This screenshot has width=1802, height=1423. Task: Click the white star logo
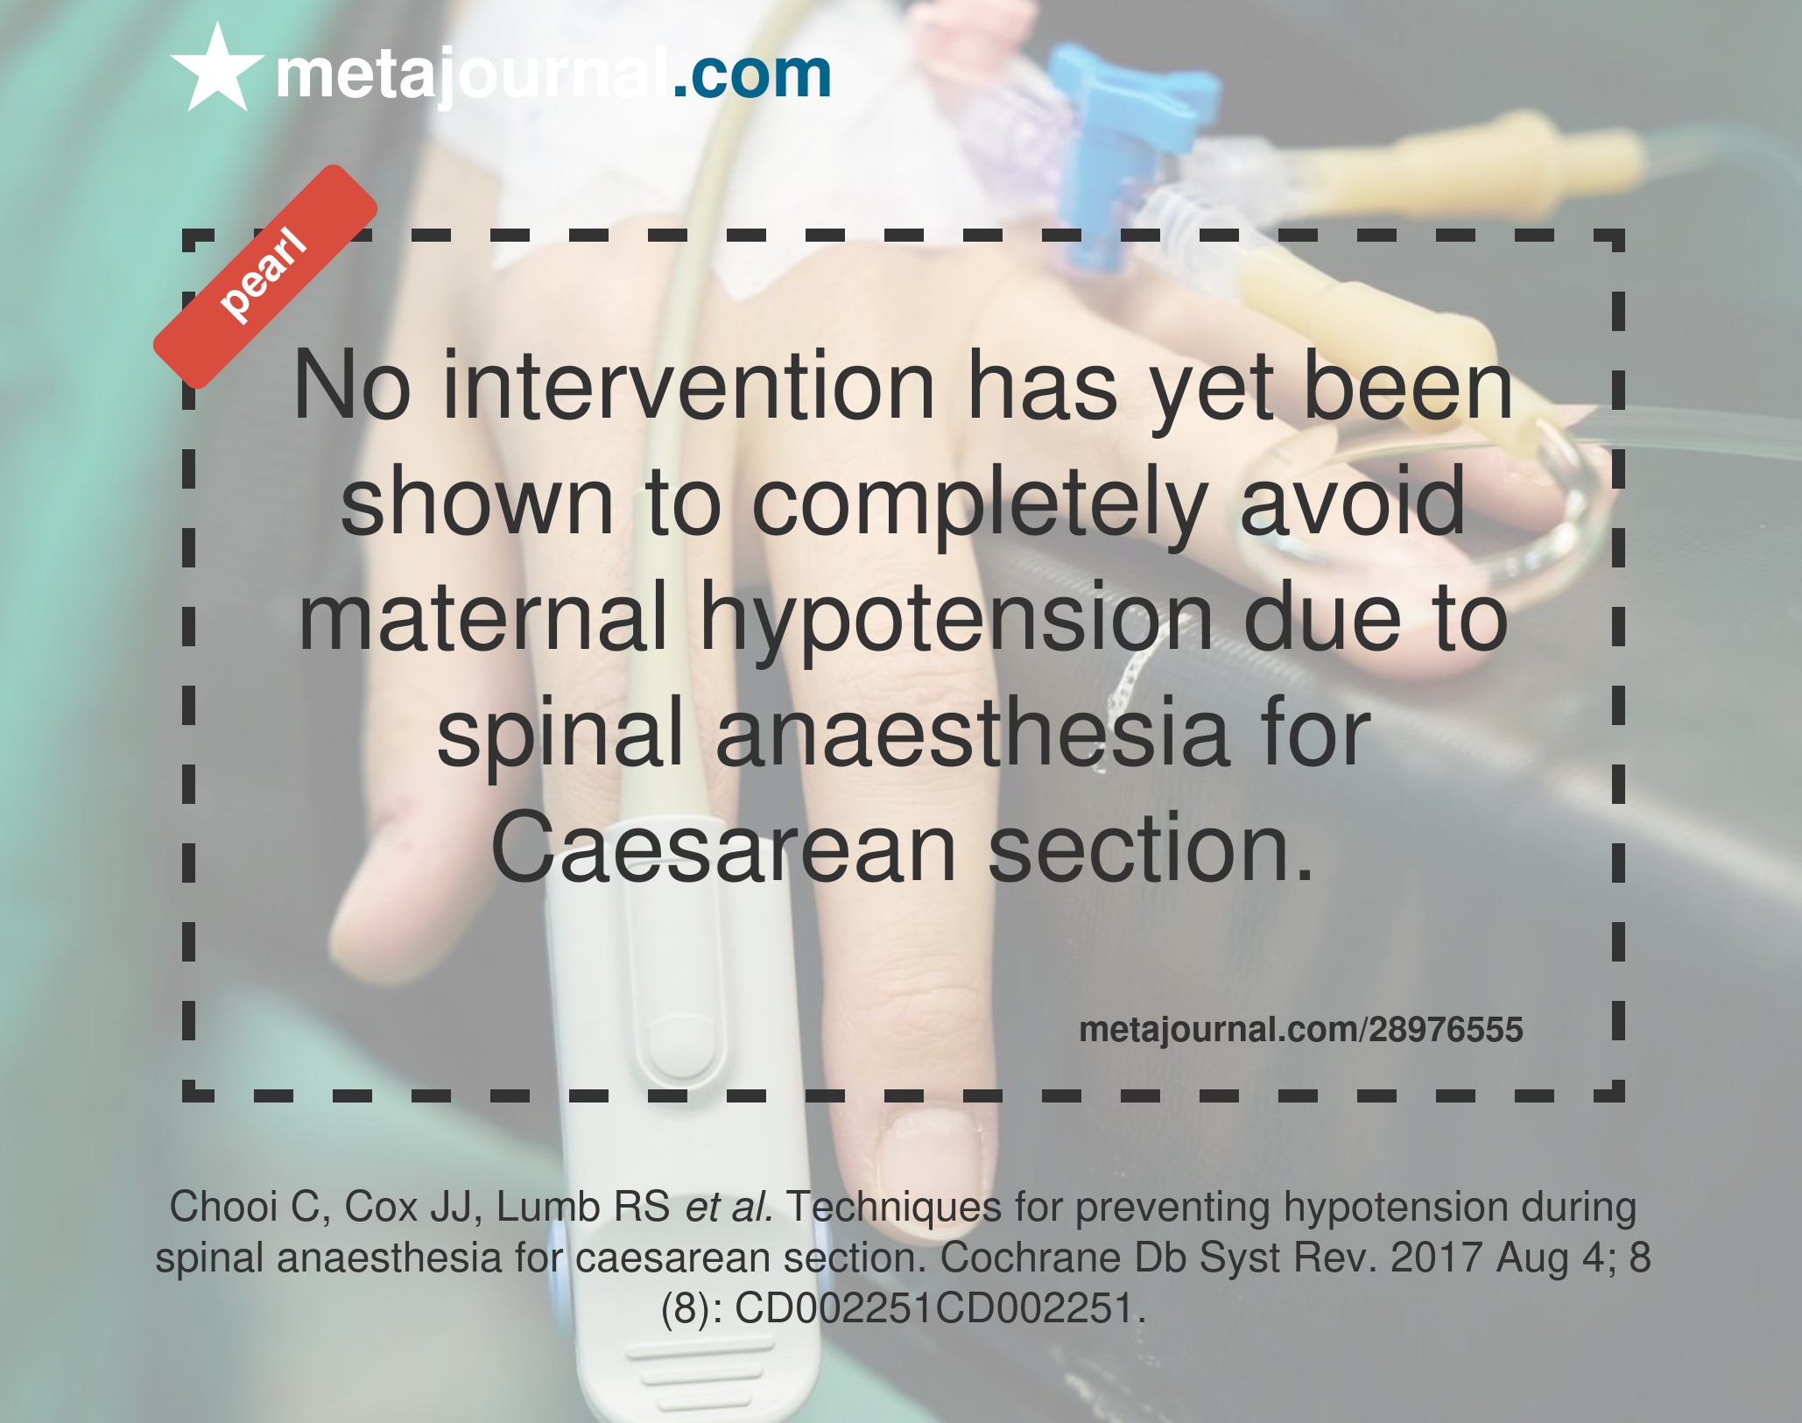pos(216,70)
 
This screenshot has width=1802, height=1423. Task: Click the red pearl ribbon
pos(264,277)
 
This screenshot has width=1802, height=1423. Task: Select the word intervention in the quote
pos(689,386)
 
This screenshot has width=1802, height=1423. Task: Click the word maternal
pos(483,617)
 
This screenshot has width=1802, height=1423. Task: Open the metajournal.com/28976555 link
pos(1301,1030)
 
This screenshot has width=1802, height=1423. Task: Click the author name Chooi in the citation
pos(223,1207)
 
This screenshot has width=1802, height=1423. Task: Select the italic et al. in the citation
pos(729,1207)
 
